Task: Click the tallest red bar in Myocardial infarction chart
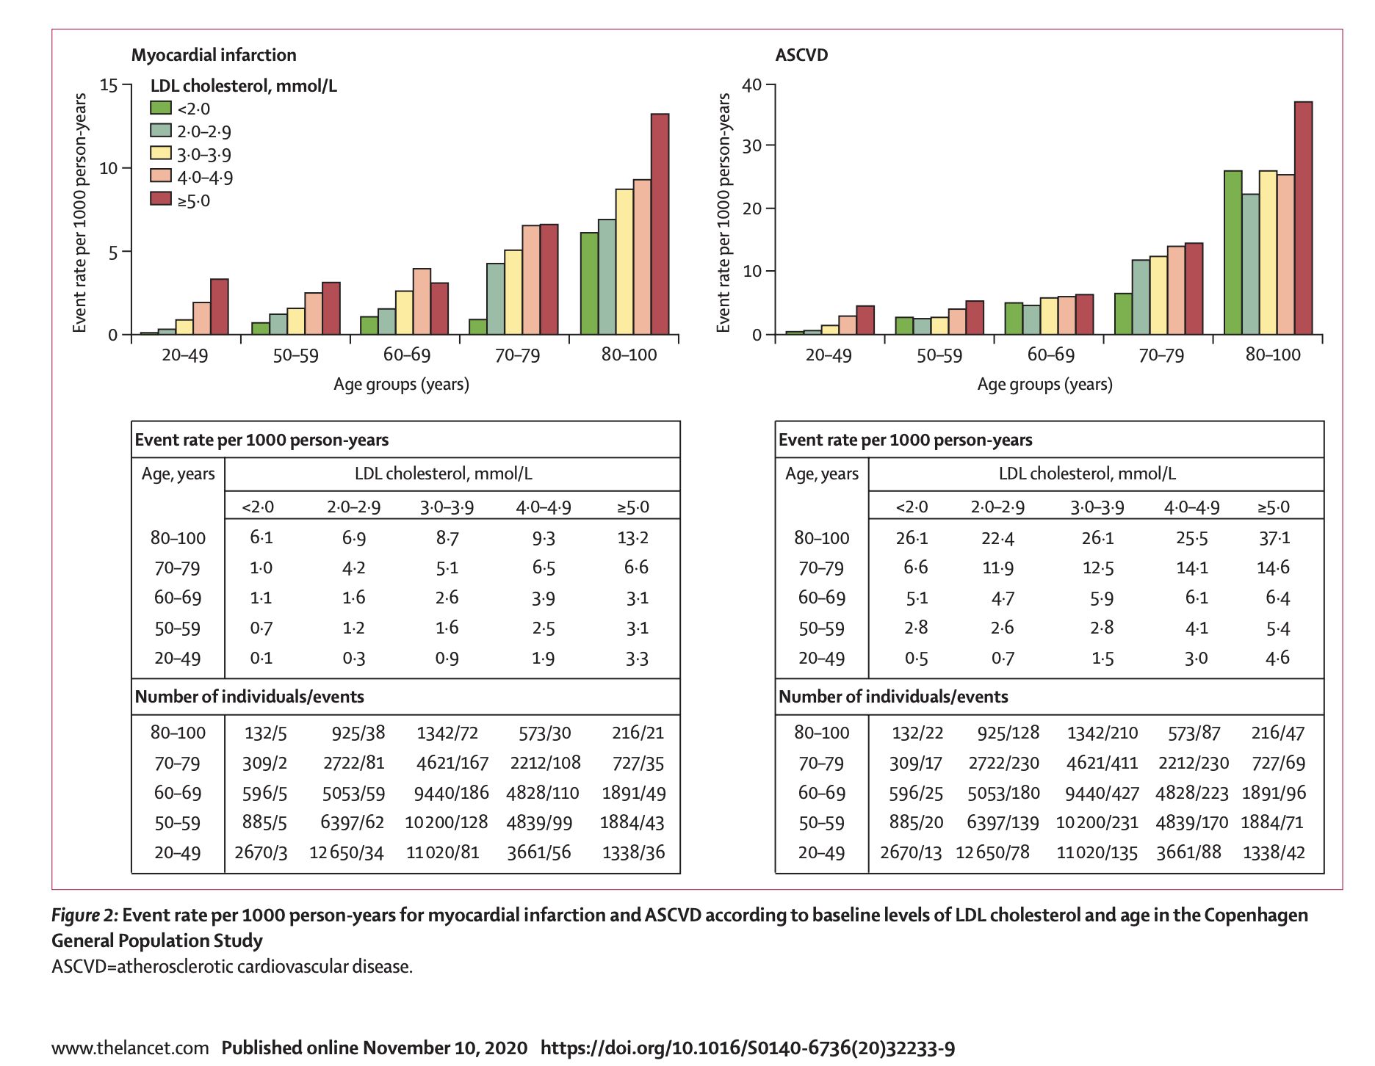coord(660,224)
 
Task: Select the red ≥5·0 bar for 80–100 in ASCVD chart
coord(1303,218)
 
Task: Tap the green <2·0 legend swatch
coord(161,108)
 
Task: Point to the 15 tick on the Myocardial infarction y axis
coord(109,85)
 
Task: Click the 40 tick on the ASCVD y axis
coord(752,85)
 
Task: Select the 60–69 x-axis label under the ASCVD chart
coord(1050,355)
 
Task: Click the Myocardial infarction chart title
coord(214,55)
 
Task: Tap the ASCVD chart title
coord(801,55)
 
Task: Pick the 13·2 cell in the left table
coord(632,538)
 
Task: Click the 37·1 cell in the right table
coord(1274,538)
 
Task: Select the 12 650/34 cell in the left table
coord(347,853)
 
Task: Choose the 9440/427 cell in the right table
coord(1102,794)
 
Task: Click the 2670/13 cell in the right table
coord(911,853)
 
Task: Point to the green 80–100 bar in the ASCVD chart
coord(1233,253)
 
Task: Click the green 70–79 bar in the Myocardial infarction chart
coord(478,327)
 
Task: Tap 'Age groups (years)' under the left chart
coord(401,385)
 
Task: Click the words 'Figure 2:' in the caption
coord(84,915)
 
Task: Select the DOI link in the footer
coord(748,1048)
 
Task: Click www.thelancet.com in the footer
coord(130,1048)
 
